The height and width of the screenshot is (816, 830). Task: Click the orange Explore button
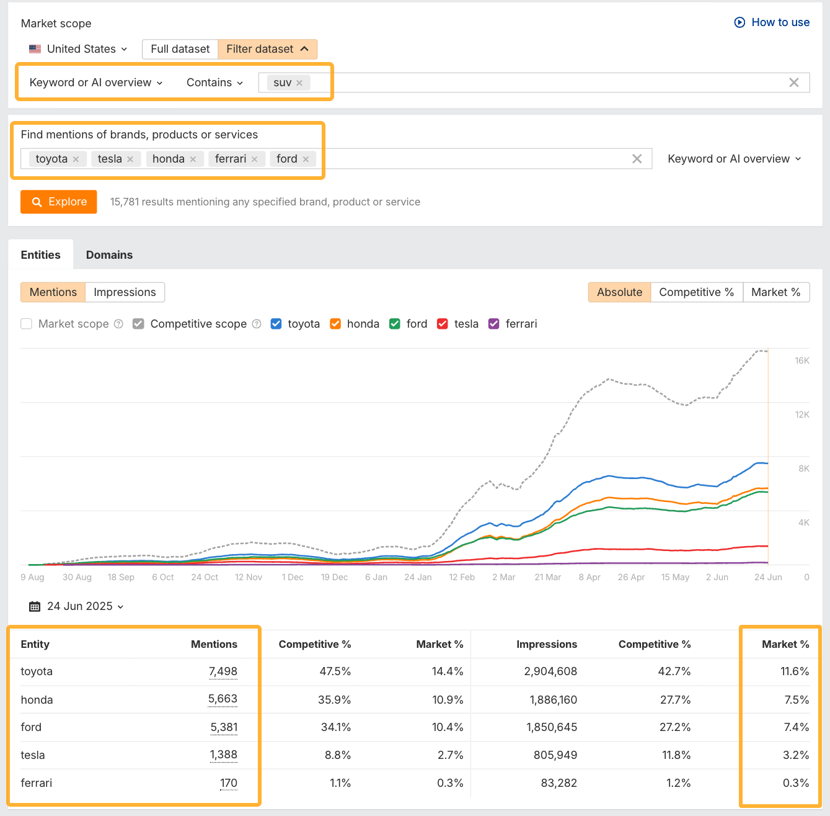[59, 202]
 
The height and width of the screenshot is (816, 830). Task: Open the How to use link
[772, 22]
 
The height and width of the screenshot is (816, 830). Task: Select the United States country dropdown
[78, 49]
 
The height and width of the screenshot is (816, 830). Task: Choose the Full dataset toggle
[180, 49]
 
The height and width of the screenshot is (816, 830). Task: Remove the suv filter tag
[299, 83]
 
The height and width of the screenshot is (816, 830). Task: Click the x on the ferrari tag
[254, 159]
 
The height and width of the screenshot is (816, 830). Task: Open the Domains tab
[109, 255]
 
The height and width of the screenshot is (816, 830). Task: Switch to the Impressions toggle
[125, 292]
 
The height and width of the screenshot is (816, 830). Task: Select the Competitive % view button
[696, 292]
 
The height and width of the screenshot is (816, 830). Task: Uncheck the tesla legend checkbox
[443, 324]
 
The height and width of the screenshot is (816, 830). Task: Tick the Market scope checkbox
[27, 324]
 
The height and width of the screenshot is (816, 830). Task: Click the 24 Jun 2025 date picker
[77, 606]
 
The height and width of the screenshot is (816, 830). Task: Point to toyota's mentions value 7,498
[223, 671]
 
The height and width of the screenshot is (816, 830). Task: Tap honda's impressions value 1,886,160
[553, 700]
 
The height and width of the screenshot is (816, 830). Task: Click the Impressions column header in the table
[546, 644]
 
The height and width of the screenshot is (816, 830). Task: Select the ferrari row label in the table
[37, 783]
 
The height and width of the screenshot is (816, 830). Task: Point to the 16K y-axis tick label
[801, 361]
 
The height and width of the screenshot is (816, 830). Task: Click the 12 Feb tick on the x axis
[462, 577]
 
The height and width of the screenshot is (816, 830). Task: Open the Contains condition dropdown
[214, 83]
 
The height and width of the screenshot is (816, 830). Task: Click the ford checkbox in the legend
[395, 324]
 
